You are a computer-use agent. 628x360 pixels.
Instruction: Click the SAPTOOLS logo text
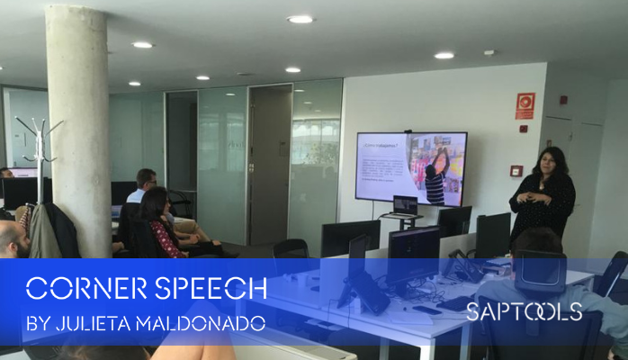point(524,312)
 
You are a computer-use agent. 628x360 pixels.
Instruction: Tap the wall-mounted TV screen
point(410,167)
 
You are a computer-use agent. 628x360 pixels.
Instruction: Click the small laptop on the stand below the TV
point(405,205)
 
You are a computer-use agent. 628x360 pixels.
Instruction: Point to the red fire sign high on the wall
point(525,105)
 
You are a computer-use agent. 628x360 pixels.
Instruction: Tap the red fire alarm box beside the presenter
point(516,170)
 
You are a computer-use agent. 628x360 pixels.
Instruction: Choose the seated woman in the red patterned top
point(163,225)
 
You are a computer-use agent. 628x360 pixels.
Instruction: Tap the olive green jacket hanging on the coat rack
point(42,232)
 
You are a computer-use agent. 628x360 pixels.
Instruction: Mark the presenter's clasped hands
point(543,197)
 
